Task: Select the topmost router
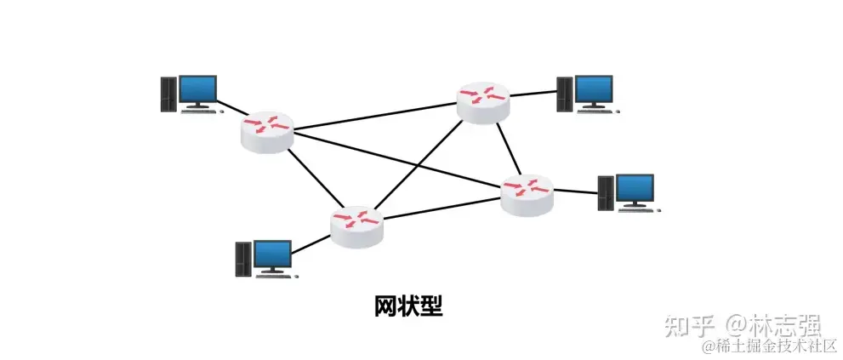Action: (x=482, y=101)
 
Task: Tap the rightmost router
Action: (x=527, y=194)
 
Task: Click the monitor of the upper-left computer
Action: (x=197, y=89)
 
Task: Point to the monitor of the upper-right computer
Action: (x=594, y=89)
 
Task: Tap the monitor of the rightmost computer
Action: (x=634, y=188)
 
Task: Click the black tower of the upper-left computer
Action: (x=168, y=94)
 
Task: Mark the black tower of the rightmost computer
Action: (x=605, y=194)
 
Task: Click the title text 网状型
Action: (x=408, y=306)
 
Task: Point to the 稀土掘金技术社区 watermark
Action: (x=771, y=346)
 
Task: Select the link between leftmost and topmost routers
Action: (x=374, y=117)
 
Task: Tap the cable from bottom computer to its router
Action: (x=312, y=242)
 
